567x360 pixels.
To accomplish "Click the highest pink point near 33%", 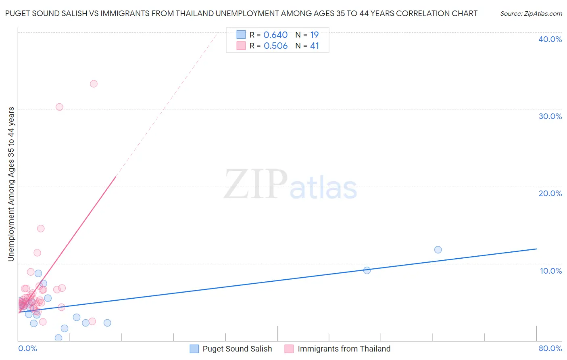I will [94, 84].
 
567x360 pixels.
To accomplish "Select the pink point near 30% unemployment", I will [59, 107].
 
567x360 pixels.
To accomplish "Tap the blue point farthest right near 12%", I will [438, 250].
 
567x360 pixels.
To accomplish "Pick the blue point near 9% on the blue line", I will [367, 270].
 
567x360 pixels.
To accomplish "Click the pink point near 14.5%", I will [41, 228].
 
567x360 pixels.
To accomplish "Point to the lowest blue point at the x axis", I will [58, 338].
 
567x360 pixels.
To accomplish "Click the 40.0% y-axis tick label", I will [550, 39].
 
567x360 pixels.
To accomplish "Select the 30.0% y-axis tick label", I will [550, 116].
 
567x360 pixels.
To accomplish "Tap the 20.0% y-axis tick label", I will [550, 193].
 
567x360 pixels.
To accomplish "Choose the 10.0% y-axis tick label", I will [551, 271].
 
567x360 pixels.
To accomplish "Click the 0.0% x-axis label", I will [27, 349].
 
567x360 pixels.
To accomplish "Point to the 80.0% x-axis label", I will [550, 349].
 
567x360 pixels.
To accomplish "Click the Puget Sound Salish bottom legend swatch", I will [194, 349].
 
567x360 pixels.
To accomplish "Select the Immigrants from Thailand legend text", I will [344, 349].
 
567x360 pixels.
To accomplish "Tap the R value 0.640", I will [275, 35].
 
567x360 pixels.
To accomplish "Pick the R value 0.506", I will [275, 46].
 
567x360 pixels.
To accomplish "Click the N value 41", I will [315, 46].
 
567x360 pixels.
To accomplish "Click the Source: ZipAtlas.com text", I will [531, 14].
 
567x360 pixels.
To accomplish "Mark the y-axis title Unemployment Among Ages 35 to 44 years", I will [11, 184].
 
